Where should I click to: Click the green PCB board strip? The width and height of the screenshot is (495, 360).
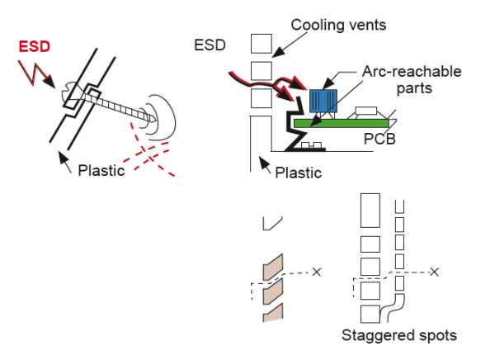346,123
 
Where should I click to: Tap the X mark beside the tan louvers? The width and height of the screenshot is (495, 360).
317,271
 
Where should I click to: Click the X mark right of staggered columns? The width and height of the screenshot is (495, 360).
435,271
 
